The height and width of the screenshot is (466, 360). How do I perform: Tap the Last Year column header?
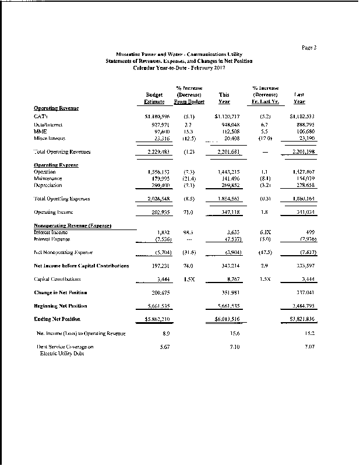(300, 98)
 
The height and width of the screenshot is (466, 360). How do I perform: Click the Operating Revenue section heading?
(56, 108)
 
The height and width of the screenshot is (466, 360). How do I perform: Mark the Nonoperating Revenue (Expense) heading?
(73, 225)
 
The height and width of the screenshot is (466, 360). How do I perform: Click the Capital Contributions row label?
(58, 280)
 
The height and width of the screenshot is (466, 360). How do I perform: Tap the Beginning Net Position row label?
(61, 306)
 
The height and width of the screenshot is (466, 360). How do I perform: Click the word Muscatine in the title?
(129, 53)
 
